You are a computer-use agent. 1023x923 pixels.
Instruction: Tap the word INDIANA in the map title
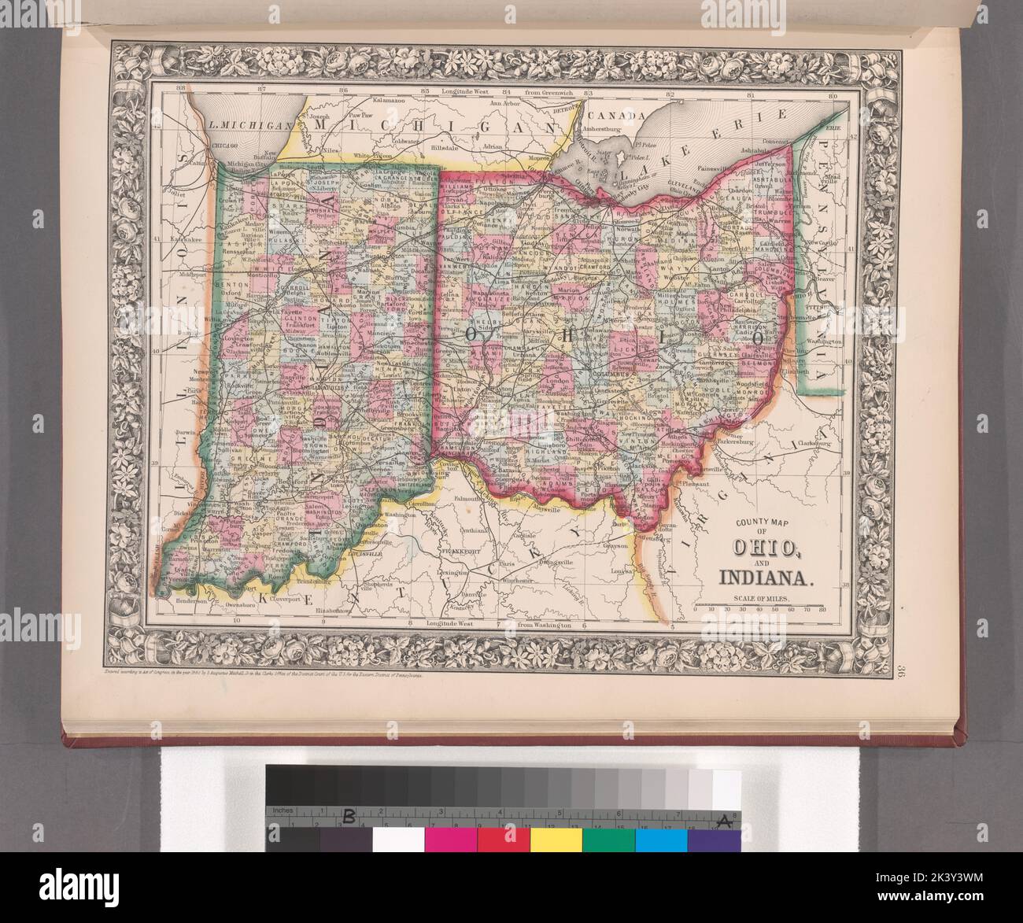tap(763, 579)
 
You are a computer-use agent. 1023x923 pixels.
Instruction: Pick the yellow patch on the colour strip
tap(556, 839)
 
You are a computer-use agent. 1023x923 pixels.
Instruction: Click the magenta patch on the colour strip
tap(450, 839)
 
